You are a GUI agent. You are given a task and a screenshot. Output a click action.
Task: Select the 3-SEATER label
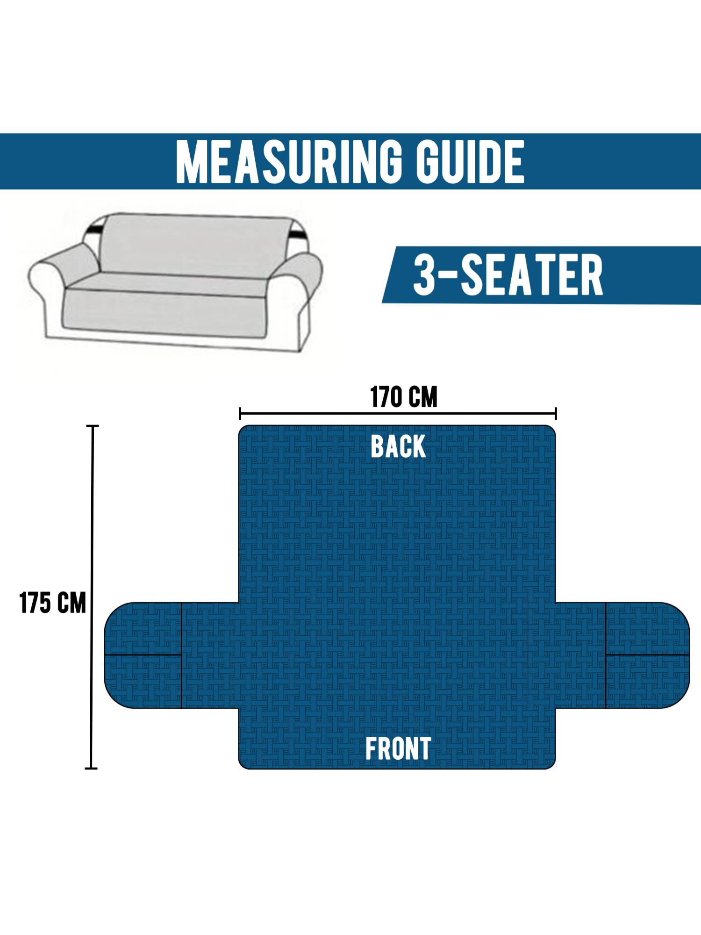(x=508, y=275)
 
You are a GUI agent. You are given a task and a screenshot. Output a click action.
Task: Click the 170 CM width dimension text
(x=404, y=397)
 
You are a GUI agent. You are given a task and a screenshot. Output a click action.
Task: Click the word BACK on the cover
(x=398, y=446)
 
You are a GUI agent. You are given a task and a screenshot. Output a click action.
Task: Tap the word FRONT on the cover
(x=398, y=749)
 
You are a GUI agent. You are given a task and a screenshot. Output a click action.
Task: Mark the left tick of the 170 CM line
(x=240, y=413)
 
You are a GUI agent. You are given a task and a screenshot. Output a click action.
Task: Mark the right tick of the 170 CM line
(x=556, y=413)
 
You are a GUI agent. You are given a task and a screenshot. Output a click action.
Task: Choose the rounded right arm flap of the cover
(x=647, y=654)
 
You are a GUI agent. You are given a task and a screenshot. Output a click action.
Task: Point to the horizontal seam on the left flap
(x=143, y=655)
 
